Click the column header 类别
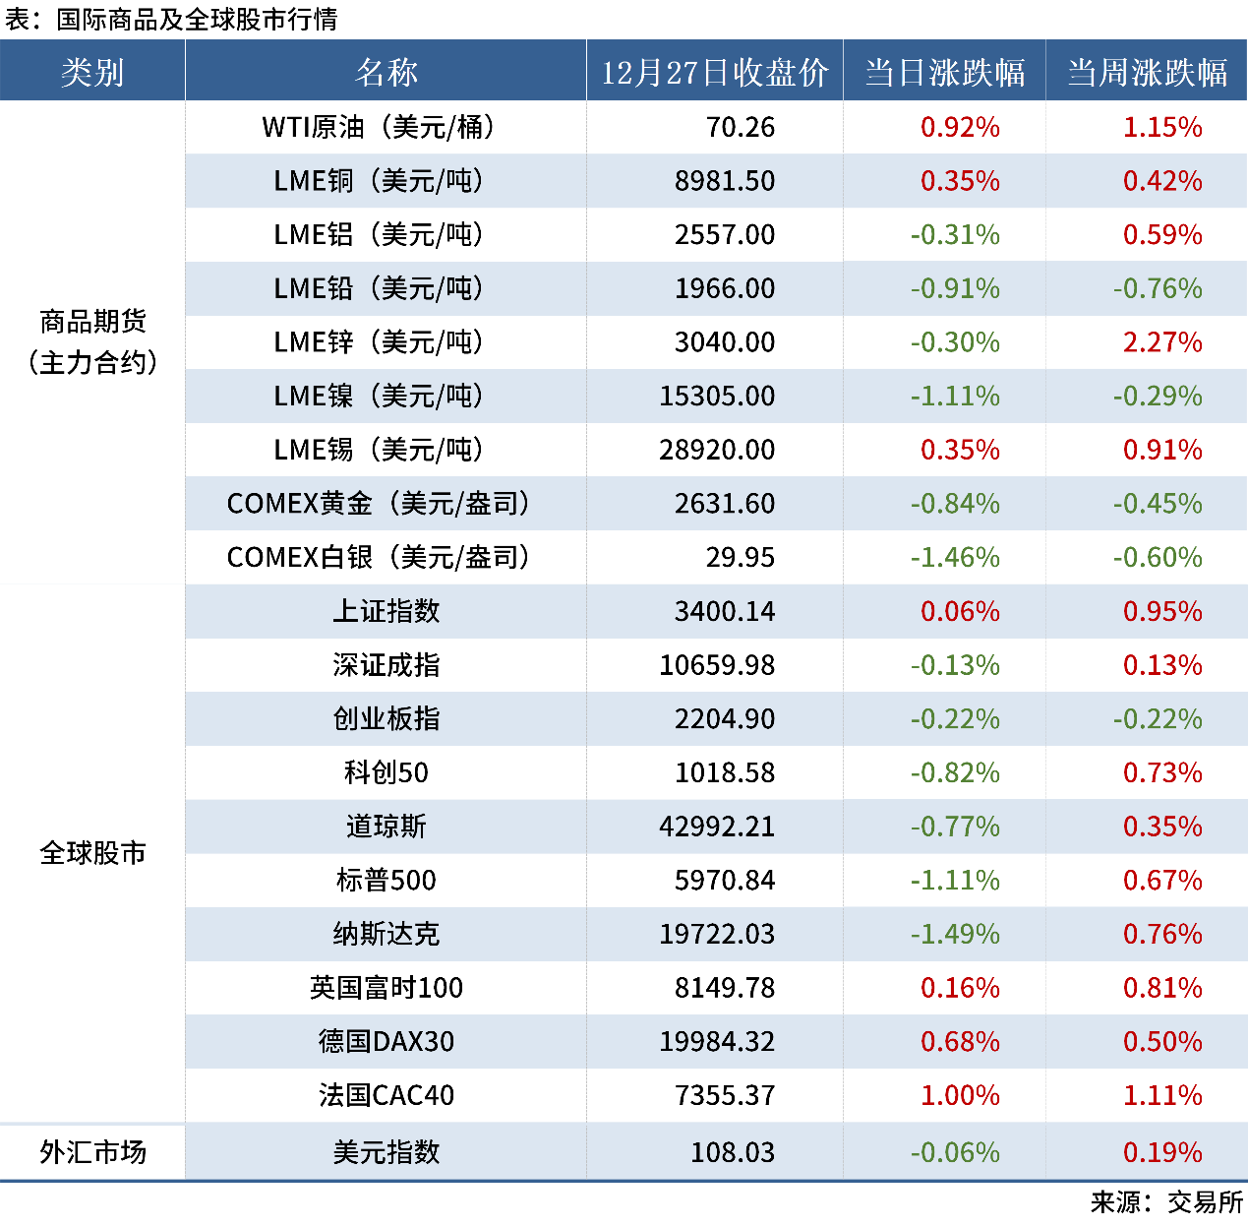pos(92,72)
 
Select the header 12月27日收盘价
pos(715,72)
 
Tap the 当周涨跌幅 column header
pos(1147,72)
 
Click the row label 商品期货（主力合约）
pos(92,341)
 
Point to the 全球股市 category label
pos(92,852)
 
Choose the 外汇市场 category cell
pos(92,1151)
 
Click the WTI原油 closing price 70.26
pos(740,127)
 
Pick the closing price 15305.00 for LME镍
pos(717,397)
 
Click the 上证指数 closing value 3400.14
pos(725,612)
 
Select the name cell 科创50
pos(386,773)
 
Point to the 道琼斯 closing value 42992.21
pos(717,827)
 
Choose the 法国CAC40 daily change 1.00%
pos(960,1095)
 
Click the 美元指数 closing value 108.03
pos(733,1152)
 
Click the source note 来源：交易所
pos(1166,1202)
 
